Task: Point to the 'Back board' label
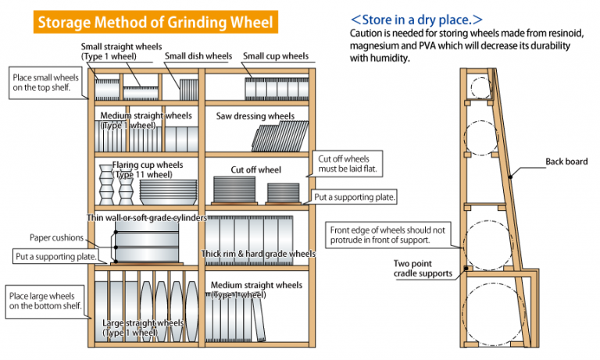click(x=566, y=162)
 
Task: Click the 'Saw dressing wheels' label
click(x=255, y=116)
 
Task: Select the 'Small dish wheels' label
click(x=198, y=56)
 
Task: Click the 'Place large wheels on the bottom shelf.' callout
click(x=45, y=301)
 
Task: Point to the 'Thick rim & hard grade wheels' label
click(x=258, y=254)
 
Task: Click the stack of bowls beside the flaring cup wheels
click(x=168, y=192)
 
